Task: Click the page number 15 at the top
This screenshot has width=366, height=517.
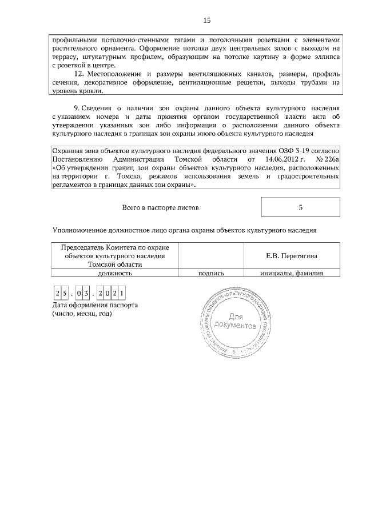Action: [207, 21]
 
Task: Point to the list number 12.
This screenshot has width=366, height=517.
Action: [79, 74]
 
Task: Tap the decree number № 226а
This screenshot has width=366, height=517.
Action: [328, 160]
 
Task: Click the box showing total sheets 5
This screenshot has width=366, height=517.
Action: [300, 207]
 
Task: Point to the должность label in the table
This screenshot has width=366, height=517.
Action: [114, 273]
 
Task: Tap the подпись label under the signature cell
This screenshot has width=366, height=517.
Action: [210, 273]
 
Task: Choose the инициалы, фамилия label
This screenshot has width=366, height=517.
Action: [292, 273]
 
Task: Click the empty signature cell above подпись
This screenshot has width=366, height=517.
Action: [210, 255]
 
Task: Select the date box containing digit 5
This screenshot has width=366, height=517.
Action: [66, 294]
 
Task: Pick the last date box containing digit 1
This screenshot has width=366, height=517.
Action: [122, 294]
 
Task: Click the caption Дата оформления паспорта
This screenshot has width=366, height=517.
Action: [94, 305]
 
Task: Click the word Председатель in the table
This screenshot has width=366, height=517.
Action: [86, 248]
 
